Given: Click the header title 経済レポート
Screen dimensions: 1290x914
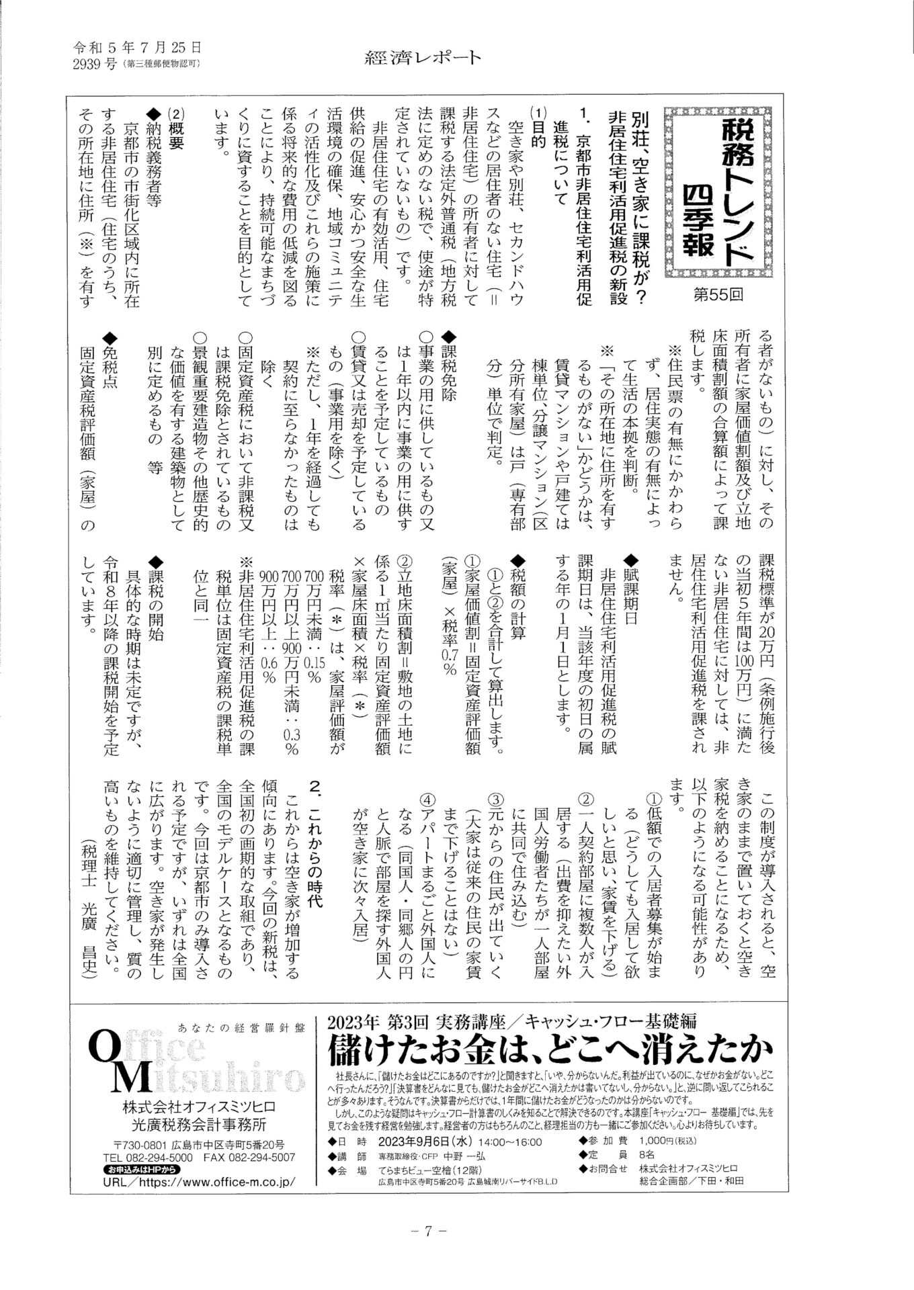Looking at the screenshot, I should pos(423,58).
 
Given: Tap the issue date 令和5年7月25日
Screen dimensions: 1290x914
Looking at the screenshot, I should pos(137,48).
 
